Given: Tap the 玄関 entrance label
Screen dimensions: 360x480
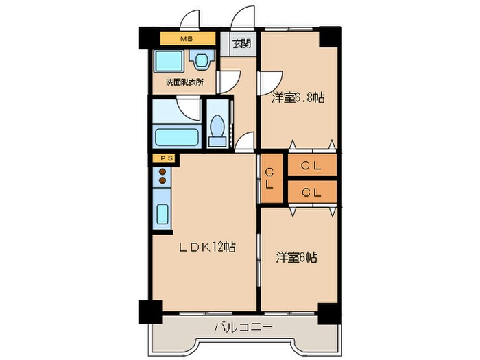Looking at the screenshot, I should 241,45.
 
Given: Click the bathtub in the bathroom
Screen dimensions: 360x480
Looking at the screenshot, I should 176,134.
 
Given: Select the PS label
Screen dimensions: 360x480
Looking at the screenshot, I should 165,158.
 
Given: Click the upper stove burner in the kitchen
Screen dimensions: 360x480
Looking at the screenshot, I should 163,172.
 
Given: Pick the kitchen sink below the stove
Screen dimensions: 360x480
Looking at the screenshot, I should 163,215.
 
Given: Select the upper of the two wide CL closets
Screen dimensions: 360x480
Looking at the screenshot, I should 311,165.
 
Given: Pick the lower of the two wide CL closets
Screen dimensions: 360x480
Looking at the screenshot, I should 311,192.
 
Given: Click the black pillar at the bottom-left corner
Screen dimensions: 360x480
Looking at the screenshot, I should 149,312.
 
